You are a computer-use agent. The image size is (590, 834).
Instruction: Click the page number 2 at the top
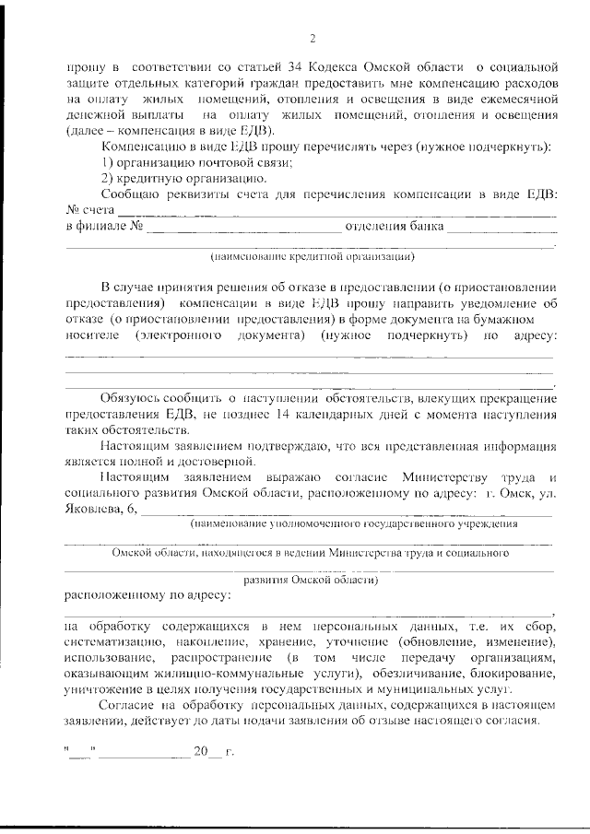(x=313, y=38)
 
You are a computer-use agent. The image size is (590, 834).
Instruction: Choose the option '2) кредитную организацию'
(x=171, y=178)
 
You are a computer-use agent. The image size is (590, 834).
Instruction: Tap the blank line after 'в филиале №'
(x=243, y=227)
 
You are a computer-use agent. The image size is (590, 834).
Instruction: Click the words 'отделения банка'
(x=394, y=227)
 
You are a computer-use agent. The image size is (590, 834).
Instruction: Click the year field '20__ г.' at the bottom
(x=213, y=751)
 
